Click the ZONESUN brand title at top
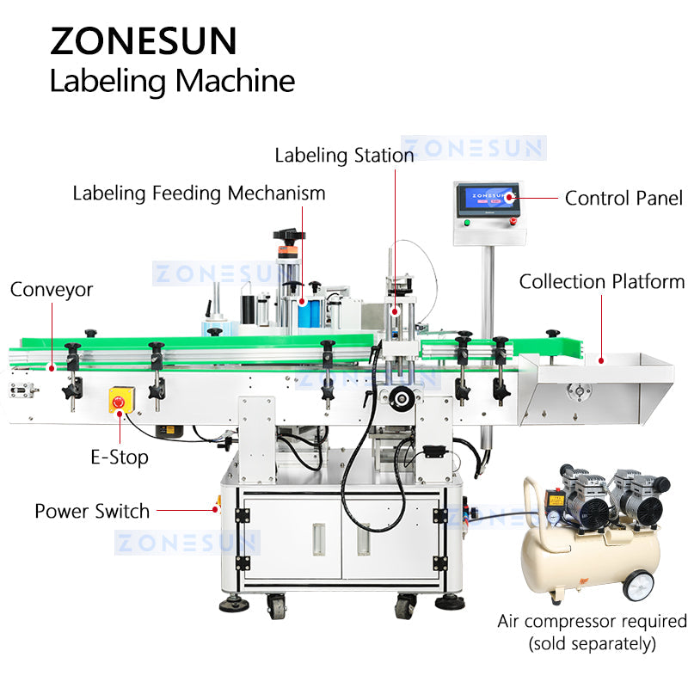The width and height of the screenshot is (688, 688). click(143, 40)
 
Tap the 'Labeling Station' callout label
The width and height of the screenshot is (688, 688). click(344, 156)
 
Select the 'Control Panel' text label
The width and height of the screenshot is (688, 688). click(623, 199)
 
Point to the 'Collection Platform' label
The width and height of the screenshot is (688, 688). click(602, 281)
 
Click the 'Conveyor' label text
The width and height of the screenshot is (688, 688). click(52, 290)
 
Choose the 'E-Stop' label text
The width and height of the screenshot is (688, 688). click(120, 458)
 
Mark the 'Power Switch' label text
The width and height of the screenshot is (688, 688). click(92, 511)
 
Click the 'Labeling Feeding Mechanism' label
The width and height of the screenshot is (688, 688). click(199, 193)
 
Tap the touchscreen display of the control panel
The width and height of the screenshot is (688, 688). click(487, 202)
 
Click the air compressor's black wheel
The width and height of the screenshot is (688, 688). click(638, 585)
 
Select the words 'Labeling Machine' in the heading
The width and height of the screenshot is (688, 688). click(172, 81)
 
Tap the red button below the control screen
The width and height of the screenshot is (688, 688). click(513, 222)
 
